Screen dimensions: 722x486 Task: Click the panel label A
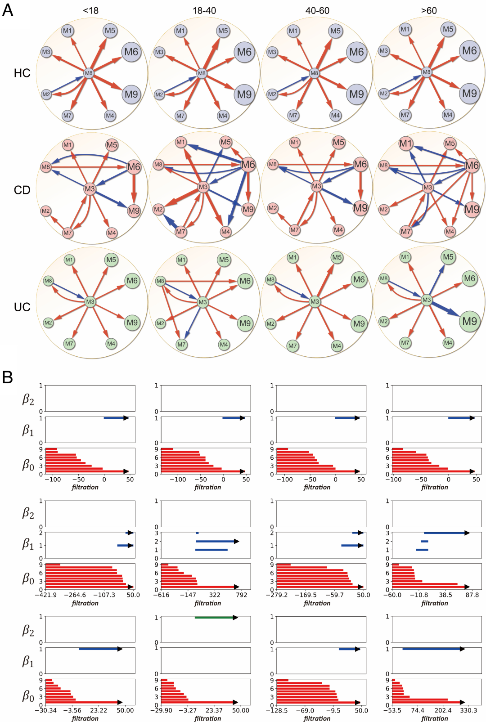pyautogui.click(x=8, y=9)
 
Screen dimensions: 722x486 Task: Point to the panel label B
pyautogui.click(x=7, y=377)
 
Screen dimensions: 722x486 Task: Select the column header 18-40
pyautogui.click(x=204, y=10)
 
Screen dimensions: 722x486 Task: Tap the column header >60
pyautogui.click(x=429, y=10)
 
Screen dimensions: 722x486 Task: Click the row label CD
pyautogui.click(x=22, y=190)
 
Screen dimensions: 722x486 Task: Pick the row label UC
pyautogui.click(x=22, y=307)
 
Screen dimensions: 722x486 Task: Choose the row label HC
pyautogui.click(x=22, y=73)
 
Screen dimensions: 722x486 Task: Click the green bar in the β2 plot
pyautogui.click(x=215, y=618)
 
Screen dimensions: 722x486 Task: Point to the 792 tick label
pyautogui.click(x=242, y=595)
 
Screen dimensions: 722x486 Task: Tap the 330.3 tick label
pyautogui.click(x=468, y=710)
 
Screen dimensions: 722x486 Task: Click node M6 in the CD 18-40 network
pyautogui.click(x=248, y=165)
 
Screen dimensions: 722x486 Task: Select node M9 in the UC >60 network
pyautogui.click(x=469, y=321)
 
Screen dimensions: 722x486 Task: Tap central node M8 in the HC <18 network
pyautogui.click(x=89, y=73)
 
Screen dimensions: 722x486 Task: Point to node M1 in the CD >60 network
pyautogui.click(x=405, y=144)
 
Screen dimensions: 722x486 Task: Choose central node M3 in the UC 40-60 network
pyautogui.click(x=315, y=301)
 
